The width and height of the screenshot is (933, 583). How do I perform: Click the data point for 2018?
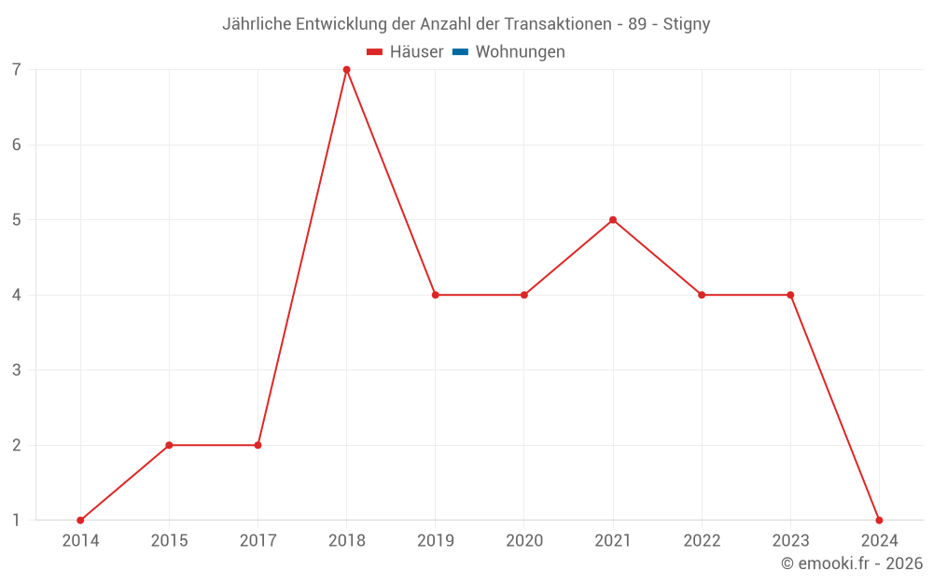pos(346,70)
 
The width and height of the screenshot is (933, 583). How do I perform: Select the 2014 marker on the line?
pos(80,521)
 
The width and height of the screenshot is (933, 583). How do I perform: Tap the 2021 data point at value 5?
pos(613,220)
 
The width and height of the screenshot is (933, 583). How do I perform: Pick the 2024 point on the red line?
pos(879,521)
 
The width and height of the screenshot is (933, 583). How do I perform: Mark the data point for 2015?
pos(169,445)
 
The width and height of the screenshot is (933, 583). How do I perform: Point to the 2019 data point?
pos(435,295)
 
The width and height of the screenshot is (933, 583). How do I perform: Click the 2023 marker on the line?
pos(790,295)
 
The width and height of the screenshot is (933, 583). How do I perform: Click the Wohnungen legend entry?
pos(520,52)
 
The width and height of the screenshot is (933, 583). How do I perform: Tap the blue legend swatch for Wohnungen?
pos(460,52)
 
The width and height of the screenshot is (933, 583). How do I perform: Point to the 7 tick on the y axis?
pos(17,70)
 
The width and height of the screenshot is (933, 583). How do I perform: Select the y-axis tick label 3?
pos(17,370)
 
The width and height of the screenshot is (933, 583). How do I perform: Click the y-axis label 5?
pos(17,220)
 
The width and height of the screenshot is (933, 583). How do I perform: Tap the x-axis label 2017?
pos(258,541)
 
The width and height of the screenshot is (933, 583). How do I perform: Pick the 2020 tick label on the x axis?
pos(523,541)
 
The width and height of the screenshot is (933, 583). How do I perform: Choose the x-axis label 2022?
pos(702,541)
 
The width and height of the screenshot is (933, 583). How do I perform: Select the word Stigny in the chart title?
pos(687,24)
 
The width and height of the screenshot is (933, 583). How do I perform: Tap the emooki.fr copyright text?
pos(852,563)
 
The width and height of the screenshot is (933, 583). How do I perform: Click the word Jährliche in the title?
pos(257,24)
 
